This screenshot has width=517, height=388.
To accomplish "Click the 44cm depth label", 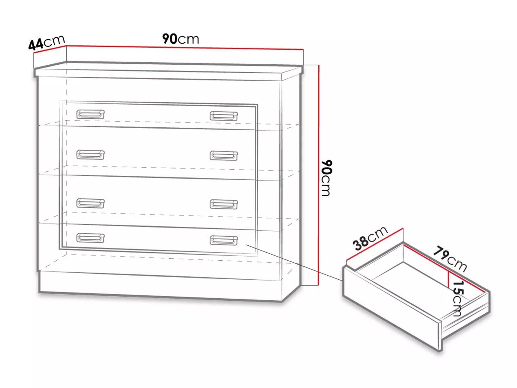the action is click(46, 42).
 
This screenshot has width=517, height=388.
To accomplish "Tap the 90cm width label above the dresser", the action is click(181, 39).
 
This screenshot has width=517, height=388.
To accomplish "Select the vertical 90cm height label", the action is click(327, 178).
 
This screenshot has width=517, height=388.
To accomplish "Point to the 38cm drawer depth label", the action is click(370, 238).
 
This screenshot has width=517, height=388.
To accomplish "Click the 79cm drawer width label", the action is click(450, 259).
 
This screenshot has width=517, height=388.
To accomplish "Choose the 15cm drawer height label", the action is click(458, 299).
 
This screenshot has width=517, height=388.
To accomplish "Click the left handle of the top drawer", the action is click(90, 114).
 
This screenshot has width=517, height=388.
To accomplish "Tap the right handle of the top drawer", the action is click(224, 116).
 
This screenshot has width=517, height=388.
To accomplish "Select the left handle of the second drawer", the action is click(90, 154).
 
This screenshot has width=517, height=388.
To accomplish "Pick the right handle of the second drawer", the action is click(224, 156).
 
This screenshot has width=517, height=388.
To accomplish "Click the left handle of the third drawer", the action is click(90, 203).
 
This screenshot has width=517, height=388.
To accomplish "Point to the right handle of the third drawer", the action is click(224, 204).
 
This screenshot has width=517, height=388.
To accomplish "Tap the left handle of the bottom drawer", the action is click(90, 238).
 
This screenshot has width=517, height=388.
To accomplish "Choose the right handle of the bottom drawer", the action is click(224, 240).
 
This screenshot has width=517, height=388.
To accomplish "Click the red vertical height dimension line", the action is click(319, 175).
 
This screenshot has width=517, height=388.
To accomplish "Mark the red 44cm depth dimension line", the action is click(50, 49).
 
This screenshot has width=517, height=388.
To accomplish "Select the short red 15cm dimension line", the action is click(448, 279).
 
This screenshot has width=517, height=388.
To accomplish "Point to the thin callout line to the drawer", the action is click(294, 263).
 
